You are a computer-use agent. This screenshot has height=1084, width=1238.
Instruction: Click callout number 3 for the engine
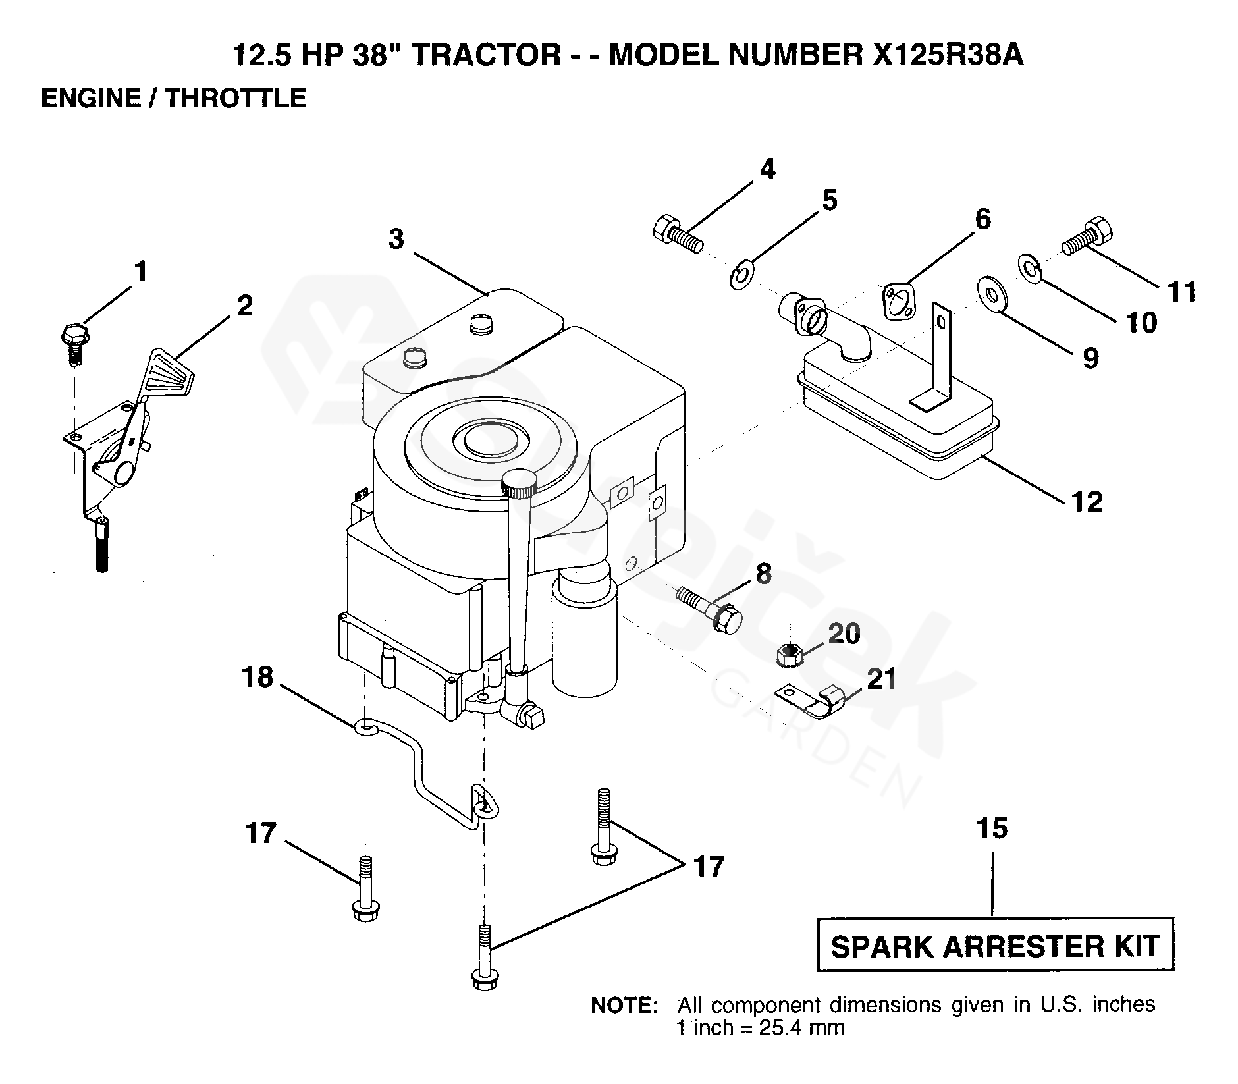point(395,240)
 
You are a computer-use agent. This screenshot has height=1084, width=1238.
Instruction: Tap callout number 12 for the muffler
point(1087,502)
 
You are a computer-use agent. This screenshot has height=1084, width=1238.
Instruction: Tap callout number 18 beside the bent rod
point(257,677)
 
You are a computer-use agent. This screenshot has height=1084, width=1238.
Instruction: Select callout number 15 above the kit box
point(992,828)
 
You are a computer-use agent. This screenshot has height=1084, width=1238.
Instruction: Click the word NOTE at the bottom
point(624,1006)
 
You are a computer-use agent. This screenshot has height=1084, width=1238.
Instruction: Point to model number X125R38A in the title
point(948,55)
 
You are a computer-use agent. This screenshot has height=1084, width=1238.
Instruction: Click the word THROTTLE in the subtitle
point(235,98)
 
